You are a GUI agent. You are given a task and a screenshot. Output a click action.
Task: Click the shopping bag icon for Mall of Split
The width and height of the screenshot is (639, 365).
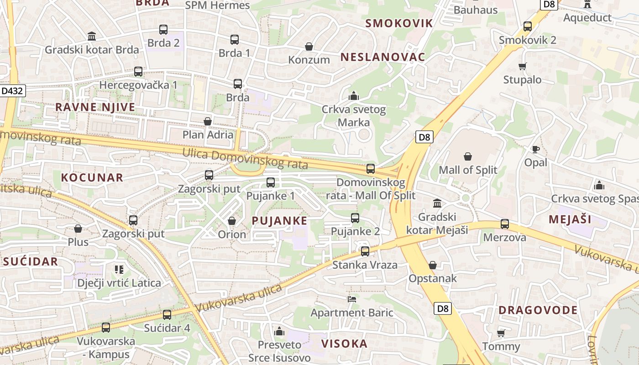[468, 157]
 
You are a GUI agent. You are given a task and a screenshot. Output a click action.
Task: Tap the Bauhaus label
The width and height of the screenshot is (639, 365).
[475, 10]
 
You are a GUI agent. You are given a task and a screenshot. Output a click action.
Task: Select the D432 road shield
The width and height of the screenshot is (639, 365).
[12, 91]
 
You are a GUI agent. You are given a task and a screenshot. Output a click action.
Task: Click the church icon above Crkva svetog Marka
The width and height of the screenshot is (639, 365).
[354, 96]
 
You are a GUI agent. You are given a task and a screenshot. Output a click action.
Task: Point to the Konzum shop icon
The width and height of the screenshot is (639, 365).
[309, 47]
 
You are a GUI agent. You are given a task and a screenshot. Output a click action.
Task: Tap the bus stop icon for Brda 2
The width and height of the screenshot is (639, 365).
[163, 30]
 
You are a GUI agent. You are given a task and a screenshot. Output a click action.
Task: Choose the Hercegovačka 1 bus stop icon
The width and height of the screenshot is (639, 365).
[138, 72]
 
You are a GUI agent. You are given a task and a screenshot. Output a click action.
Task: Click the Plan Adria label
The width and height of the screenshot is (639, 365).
[208, 135]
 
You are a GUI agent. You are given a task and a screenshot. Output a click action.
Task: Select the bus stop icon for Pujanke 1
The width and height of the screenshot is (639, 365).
[271, 182]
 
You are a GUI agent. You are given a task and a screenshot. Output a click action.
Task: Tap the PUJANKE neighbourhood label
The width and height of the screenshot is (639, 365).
[279, 221]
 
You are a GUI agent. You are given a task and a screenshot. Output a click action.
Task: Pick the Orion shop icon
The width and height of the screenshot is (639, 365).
[232, 221]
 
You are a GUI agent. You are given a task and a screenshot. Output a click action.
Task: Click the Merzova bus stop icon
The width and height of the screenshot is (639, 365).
[505, 224]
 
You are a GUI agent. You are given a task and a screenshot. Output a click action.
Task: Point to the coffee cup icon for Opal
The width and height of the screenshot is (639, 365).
[536, 149]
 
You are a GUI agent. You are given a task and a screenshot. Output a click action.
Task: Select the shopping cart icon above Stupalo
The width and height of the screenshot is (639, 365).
[523, 67]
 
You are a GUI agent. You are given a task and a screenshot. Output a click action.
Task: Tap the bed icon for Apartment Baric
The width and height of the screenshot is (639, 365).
[352, 299]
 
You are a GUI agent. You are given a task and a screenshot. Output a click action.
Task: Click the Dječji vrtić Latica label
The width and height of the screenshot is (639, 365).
[119, 283]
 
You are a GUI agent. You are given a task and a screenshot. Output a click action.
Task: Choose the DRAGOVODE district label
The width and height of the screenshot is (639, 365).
[538, 311]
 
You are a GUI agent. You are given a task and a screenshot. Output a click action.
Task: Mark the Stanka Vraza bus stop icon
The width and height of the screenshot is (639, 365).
[365, 251]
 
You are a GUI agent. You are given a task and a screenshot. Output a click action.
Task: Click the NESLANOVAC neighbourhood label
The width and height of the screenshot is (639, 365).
[382, 57]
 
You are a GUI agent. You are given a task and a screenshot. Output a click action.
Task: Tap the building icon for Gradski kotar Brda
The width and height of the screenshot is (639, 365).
[92, 36]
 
